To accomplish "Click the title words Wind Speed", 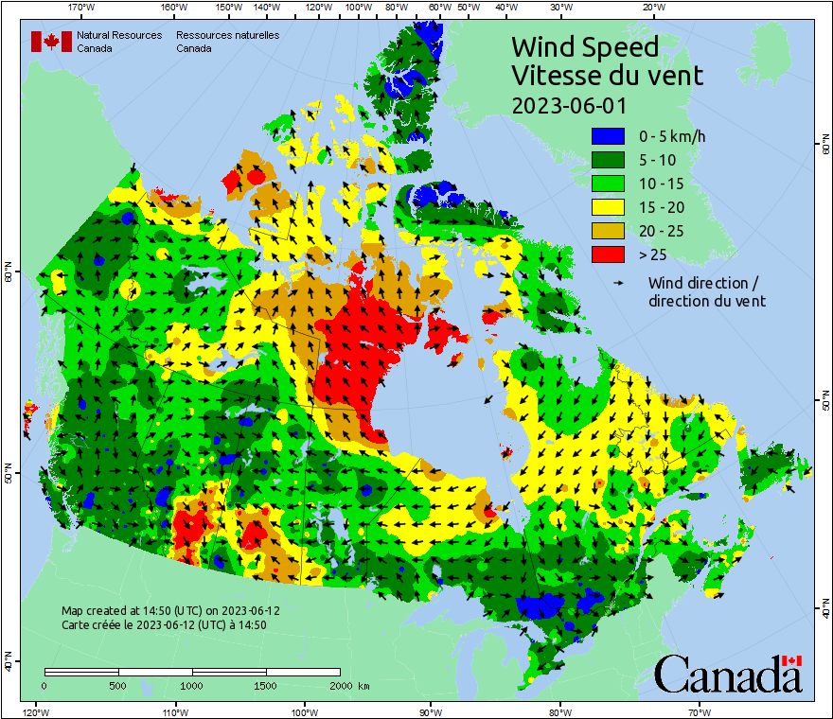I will point(584,47).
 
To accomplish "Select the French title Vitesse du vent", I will point(607,76).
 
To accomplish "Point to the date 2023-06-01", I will point(568,105).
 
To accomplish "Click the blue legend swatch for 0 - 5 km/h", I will point(608,136).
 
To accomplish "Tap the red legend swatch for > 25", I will point(608,254).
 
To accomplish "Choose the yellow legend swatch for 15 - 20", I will point(608,207).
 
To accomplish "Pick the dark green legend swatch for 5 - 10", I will point(608,160).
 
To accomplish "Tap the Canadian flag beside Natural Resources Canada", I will point(51,42).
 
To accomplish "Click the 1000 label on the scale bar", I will point(192,685).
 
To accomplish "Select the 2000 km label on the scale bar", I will point(346,685).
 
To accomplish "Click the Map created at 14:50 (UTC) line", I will point(170,611).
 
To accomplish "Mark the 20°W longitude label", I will point(651,8).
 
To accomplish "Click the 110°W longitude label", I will point(174,711).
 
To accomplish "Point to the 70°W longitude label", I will point(699,711).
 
